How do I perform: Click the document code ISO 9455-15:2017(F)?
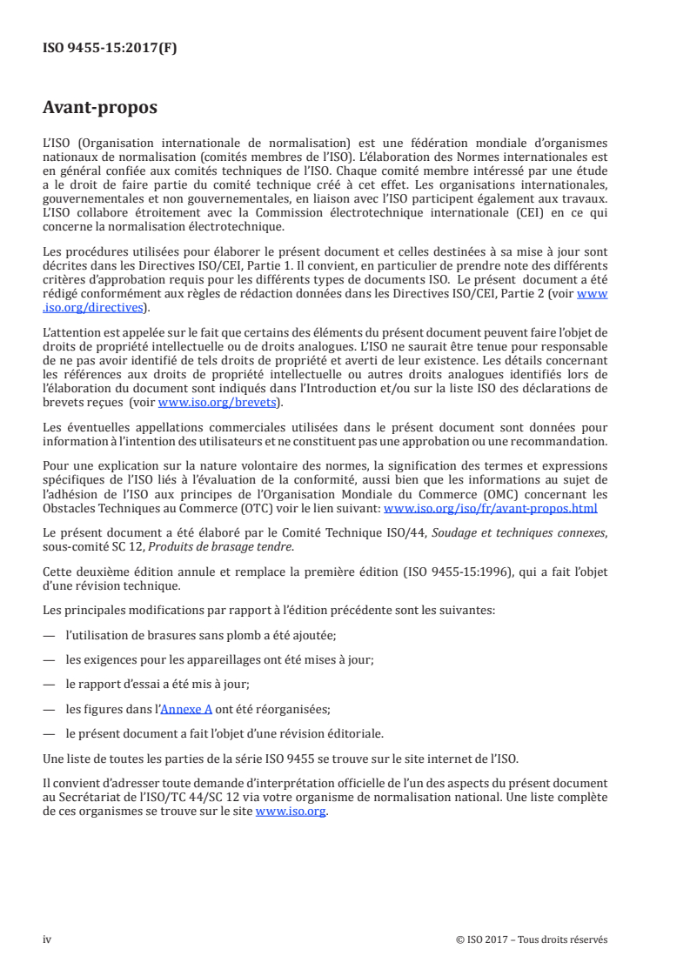point(110,49)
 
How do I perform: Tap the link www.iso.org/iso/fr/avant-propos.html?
point(490,508)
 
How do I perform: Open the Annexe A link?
point(186,708)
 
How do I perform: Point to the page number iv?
point(47,939)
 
